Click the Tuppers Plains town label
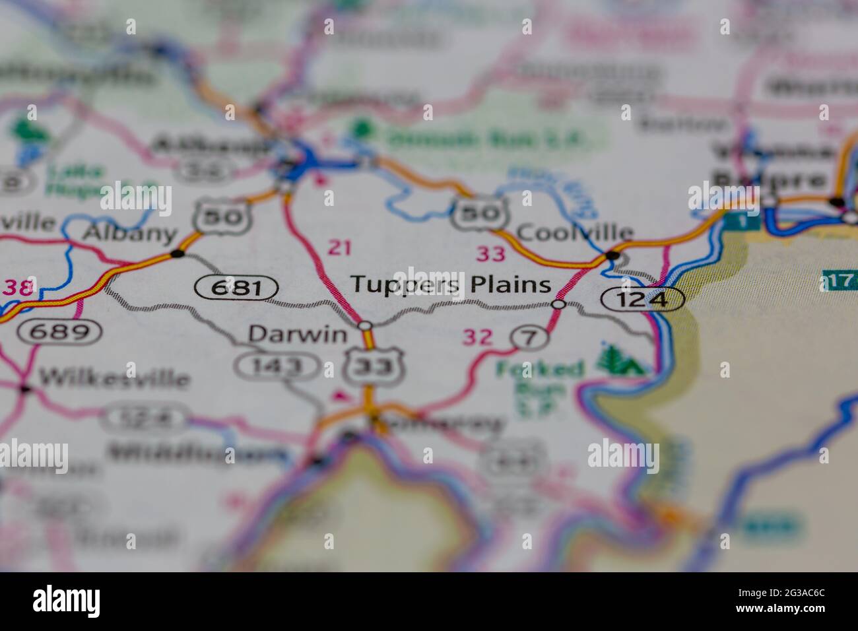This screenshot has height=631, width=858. (x=450, y=284)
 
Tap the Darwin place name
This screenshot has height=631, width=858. (x=297, y=334)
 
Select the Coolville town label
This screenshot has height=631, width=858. (x=575, y=232)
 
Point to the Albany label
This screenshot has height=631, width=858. (x=131, y=233)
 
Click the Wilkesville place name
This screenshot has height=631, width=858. (x=114, y=379)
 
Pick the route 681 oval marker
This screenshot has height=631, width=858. (x=236, y=288)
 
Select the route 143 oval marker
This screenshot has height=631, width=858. (x=278, y=365)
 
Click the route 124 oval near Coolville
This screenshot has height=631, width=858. (x=642, y=299)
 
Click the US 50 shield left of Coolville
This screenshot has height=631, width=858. (x=479, y=213)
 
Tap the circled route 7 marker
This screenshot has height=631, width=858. (x=529, y=338)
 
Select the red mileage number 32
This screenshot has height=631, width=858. (x=477, y=337)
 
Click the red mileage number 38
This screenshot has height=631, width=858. (x=17, y=288)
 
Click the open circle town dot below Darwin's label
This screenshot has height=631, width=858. (x=365, y=325)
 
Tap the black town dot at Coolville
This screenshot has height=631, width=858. (x=612, y=255)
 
